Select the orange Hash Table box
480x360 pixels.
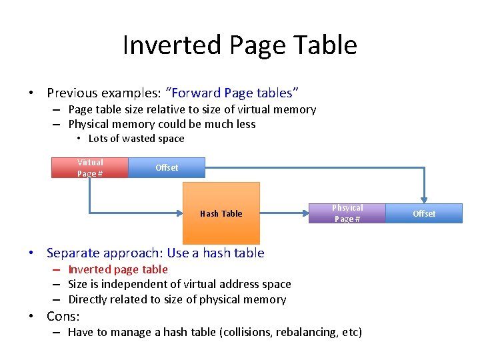pyautogui.click(x=221, y=213)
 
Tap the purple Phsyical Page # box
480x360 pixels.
pyautogui.click(x=347, y=213)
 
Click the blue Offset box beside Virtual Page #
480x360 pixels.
pyautogui.click(x=167, y=168)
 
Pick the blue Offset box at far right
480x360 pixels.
pyautogui.click(x=424, y=213)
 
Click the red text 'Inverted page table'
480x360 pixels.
pyautogui.click(x=118, y=269)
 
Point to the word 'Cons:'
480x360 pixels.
pyautogui.click(x=63, y=316)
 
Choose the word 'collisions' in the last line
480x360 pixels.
pyautogui.click(x=248, y=332)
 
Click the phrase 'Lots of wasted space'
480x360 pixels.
pyautogui.click(x=136, y=139)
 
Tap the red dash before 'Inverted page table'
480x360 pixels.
pyautogui.click(x=57, y=270)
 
